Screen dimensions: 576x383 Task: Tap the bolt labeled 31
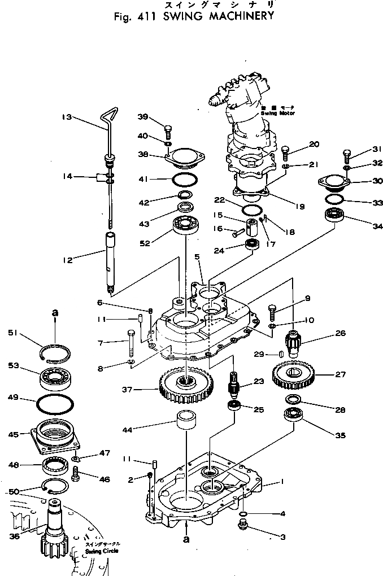point(347,154)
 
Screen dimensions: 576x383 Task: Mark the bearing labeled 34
point(337,215)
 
